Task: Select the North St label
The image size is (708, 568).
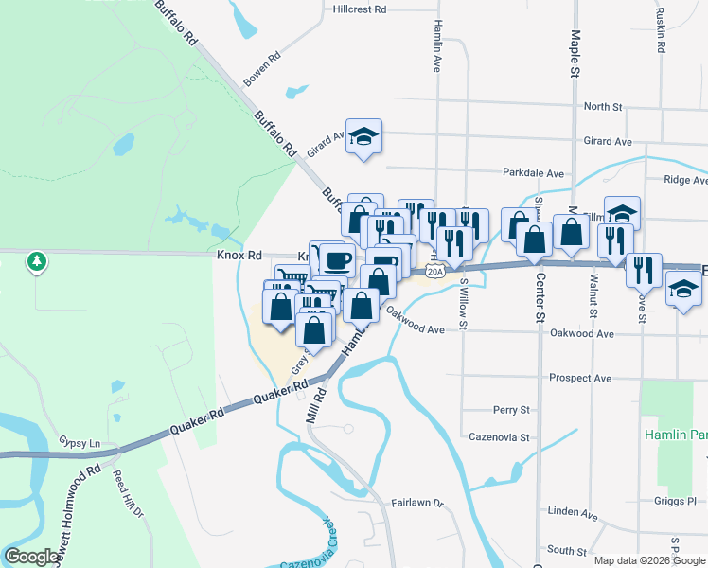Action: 603,107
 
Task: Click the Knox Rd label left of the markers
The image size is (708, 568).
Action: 239,256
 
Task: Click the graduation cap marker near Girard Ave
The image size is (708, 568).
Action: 363,138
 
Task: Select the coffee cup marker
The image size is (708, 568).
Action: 337,258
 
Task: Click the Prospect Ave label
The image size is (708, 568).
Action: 580,378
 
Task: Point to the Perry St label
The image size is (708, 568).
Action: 511,410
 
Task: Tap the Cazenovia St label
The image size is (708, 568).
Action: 499,438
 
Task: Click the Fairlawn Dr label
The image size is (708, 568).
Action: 417,503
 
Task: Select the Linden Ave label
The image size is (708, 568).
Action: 573,515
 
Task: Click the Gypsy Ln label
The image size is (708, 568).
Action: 80,443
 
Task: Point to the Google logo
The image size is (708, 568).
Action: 32,557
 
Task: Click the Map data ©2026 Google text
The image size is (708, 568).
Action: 648,560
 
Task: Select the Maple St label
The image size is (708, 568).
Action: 575,52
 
